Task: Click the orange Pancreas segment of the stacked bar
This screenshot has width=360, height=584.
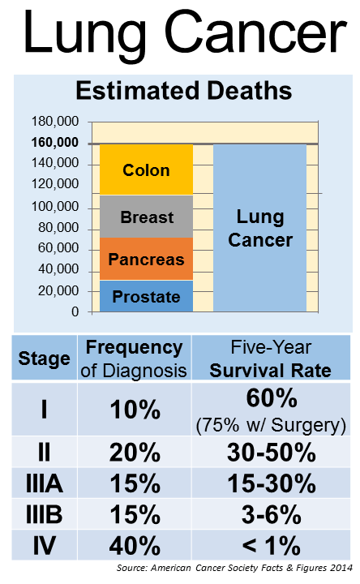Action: (146, 259)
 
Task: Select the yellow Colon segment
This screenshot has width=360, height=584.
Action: (146, 170)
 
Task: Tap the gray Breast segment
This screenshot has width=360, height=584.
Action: (146, 217)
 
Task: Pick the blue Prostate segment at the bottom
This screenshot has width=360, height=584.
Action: (146, 296)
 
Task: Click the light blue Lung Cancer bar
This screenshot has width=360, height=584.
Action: (259, 228)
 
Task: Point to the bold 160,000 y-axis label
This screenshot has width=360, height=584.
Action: (55, 142)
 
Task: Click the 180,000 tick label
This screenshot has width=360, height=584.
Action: (55, 122)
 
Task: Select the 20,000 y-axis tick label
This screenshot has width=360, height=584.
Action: (58, 290)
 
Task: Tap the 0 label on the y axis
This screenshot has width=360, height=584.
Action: (75, 311)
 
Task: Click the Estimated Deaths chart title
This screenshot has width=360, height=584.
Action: (184, 91)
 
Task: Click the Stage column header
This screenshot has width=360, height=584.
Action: (45, 359)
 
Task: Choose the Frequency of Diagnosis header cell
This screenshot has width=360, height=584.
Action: (134, 359)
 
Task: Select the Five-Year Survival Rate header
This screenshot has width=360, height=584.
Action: (271, 359)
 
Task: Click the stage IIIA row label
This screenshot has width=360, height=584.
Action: (45, 483)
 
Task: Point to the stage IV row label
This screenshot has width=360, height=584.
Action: (45, 546)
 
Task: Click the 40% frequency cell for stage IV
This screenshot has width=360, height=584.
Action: (135, 546)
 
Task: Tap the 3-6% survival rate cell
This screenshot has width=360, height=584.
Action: (271, 515)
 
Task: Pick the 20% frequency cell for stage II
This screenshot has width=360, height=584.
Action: (135, 453)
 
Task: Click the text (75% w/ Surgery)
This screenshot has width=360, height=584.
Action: (271, 425)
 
